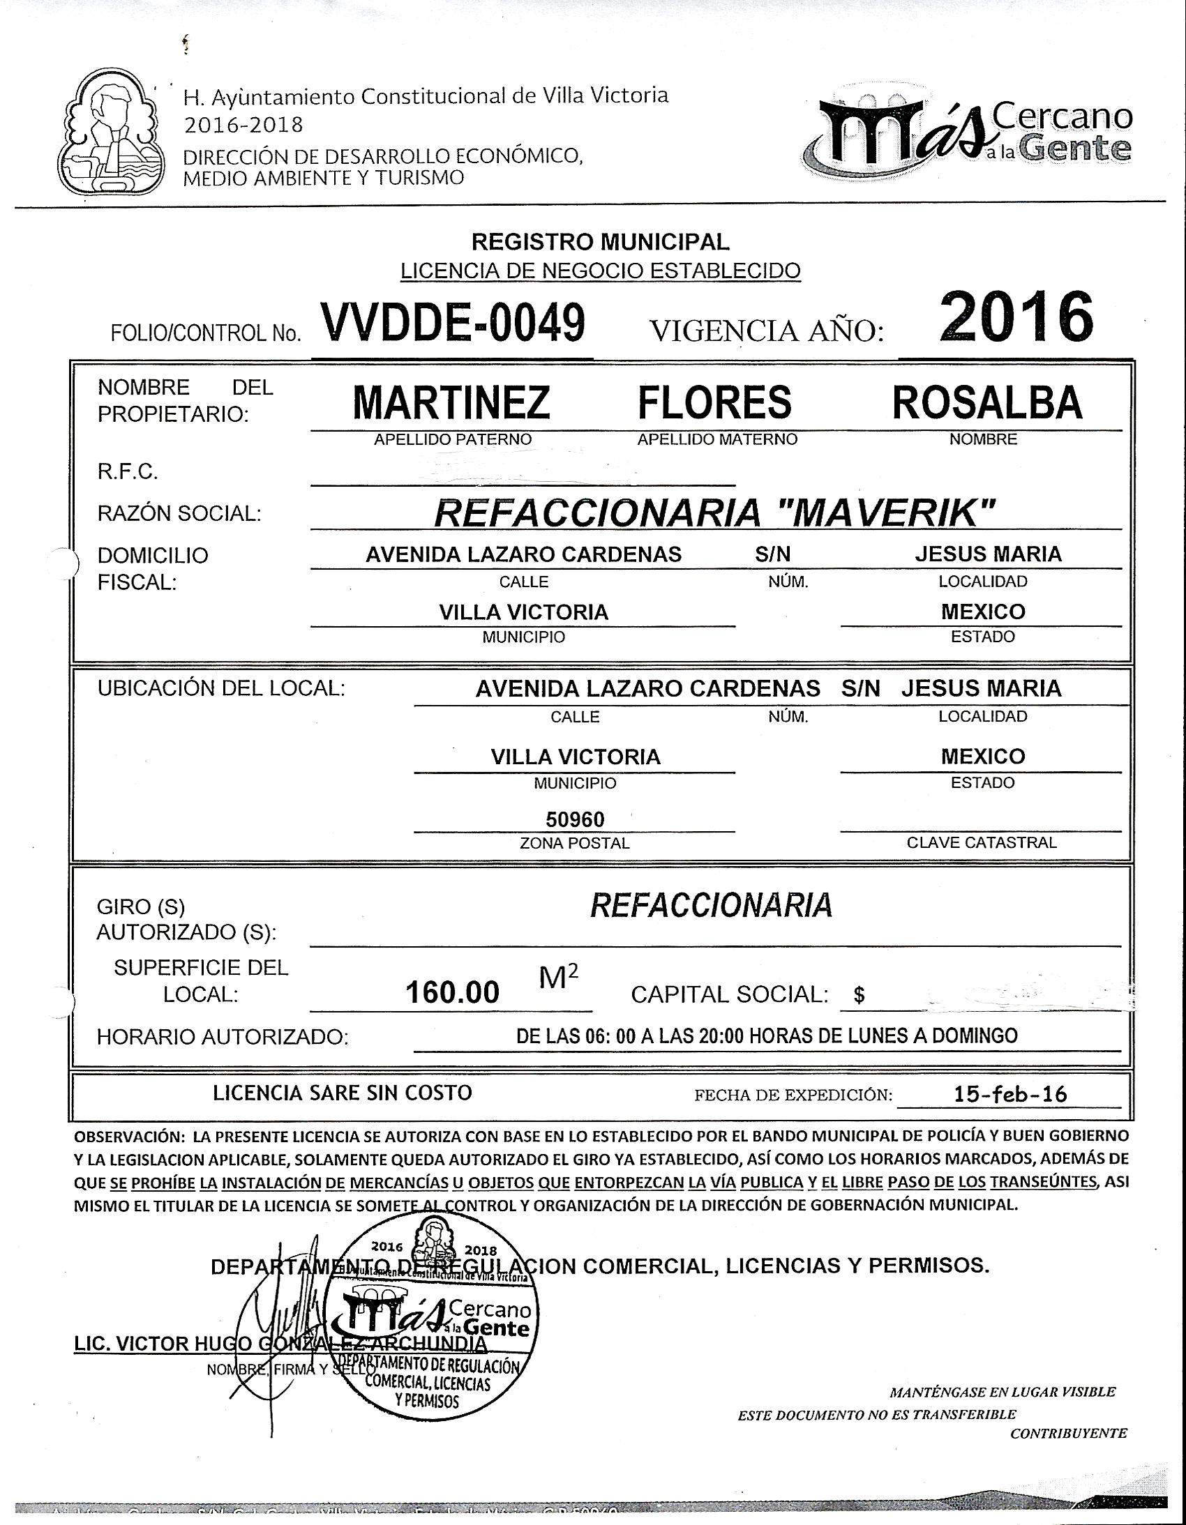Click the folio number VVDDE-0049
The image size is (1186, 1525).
pyautogui.click(x=452, y=324)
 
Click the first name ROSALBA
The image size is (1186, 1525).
pyautogui.click(x=987, y=402)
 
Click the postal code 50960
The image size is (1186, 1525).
pyautogui.click(x=575, y=819)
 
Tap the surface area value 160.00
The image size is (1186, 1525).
pyautogui.click(x=453, y=992)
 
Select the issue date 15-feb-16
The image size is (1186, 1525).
pyautogui.click(x=1010, y=1093)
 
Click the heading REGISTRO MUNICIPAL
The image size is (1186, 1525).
pyautogui.click(x=601, y=242)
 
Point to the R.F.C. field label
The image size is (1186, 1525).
pyautogui.click(x=128, y=472)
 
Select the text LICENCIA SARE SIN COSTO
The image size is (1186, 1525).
pyautogui.click(x=343, y=1093)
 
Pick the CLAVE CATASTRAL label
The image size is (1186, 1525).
pyautogui.click(x=982, y=843)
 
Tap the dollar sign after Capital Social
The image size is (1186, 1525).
pyautogui.click(x=859, y=995)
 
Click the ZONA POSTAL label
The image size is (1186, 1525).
pyautogui.click(x=575, y=844)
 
